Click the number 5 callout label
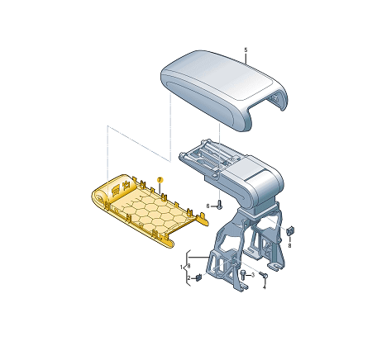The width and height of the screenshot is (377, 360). click(246, 50)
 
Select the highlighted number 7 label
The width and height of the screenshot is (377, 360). click(160, 179)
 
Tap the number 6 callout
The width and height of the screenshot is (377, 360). click(208, 206)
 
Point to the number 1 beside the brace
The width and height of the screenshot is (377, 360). click(182, 268)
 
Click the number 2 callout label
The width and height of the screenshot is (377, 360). click(188, 278)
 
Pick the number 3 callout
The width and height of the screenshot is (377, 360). click(252, 275)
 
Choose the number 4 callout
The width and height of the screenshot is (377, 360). click(265, 287)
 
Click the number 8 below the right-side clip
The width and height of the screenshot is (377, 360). click(290, 245)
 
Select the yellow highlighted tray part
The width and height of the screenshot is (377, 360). click(145, 206)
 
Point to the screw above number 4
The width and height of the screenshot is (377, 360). click(262, 275)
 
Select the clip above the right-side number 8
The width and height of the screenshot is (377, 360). click(289, 230)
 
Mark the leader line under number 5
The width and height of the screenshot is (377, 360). click(246, 59)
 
